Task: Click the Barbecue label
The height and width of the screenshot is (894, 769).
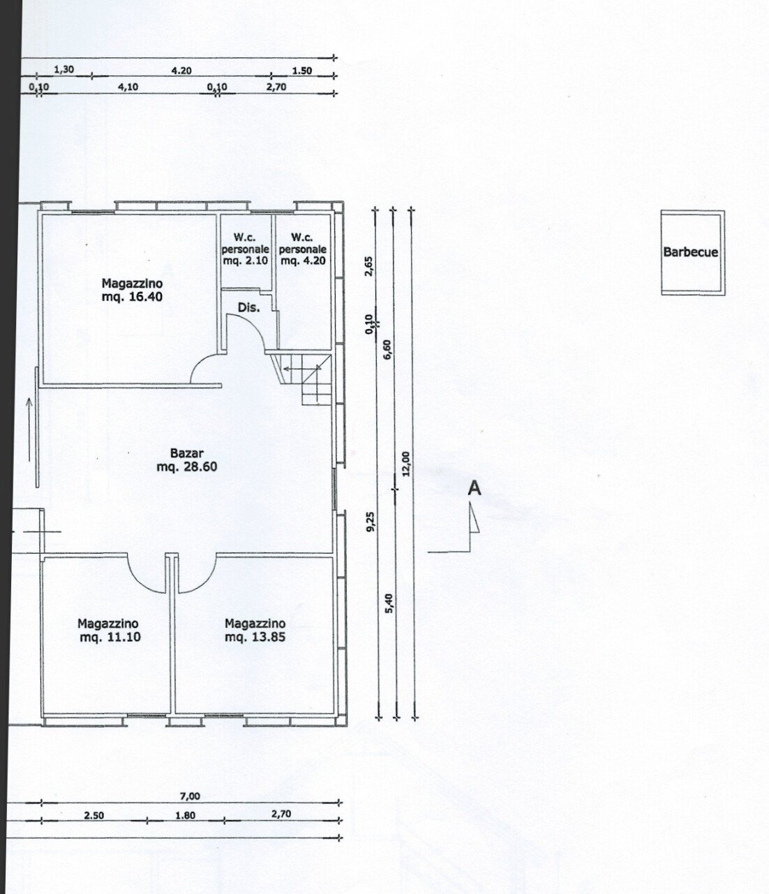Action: coord(690,253)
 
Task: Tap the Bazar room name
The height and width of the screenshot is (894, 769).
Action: coord(186,453)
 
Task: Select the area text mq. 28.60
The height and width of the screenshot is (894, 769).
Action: coord(186,467)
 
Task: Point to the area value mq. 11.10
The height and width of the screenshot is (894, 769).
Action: coord(110,637)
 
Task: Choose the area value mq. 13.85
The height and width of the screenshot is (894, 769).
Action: coord(255,637)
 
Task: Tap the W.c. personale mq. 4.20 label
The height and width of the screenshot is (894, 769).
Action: coord(303,249)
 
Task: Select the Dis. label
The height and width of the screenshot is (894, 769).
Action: coord(248,307)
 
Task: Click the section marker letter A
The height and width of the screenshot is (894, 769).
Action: coord(474,488)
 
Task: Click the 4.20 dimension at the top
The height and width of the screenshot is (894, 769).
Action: coord(181,71)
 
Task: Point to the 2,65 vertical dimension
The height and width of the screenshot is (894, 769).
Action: coord(370,267)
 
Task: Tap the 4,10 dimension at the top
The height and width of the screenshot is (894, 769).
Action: coord(128,87)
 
